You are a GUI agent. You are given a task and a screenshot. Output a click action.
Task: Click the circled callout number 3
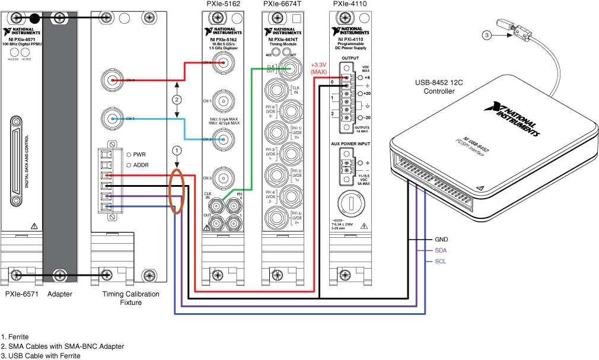tap(486, 36)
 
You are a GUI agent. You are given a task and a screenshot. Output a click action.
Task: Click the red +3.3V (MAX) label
tap(319, 68)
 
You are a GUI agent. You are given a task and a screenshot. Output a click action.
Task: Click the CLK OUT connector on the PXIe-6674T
tap(289, 69)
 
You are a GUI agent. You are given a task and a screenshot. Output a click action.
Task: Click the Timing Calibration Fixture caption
tap(130, 298)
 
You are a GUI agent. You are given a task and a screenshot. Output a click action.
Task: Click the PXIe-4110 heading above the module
tap(350, 4)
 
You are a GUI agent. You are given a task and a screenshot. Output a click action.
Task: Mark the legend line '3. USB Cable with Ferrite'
tap(41, 355)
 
